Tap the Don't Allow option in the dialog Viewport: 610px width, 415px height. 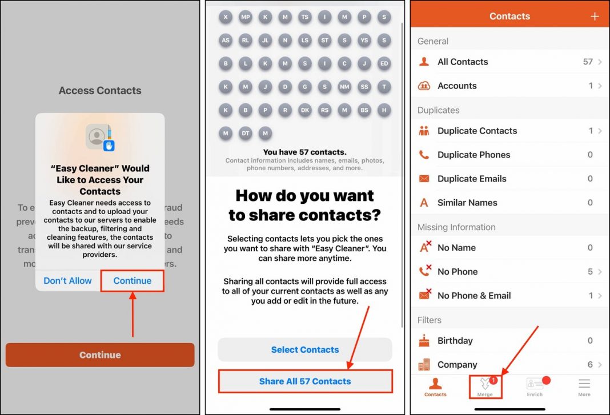coord(67,280)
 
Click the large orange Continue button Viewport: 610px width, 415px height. coord(100,354)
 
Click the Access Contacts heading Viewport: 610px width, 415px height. coord(100,90)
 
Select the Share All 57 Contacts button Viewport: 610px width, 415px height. coord(305,381)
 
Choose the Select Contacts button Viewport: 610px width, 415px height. coord(305,349)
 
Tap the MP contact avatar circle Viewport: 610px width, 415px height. coord(246,17)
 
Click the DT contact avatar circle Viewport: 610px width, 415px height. coord(246,133)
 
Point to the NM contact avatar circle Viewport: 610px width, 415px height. coord(344,87)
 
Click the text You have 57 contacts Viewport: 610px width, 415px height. coord(305,152)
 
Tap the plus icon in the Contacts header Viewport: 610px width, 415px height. coord(595,17)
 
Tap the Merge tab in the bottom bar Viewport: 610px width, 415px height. coord(485,386)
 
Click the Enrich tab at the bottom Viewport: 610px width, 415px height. coord(535,386)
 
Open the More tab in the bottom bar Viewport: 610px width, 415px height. coord(584,386)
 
